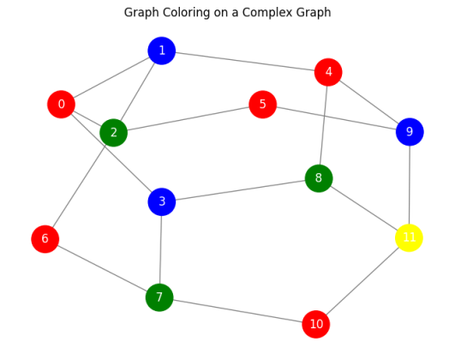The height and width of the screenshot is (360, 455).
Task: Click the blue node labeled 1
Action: [161, 51]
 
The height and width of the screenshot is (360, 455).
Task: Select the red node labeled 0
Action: [61, 105]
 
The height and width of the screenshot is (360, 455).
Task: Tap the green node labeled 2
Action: [113, 132]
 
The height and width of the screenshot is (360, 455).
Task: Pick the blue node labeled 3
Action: [161, 202]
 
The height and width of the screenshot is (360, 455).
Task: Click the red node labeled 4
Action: [328, 72]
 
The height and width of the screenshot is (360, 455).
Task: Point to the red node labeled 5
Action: [262, 105]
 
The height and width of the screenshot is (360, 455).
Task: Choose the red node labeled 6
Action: [45, 239]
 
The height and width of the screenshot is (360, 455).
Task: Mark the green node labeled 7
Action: [159, 297]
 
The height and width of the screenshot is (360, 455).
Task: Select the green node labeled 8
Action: [319, 178]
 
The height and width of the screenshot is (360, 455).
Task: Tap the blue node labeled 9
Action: [410, 132]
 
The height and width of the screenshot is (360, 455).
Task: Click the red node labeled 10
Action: [316, 324]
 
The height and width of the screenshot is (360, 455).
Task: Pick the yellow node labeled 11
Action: [409, 237]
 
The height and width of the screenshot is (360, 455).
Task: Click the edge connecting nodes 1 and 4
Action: [244, 61]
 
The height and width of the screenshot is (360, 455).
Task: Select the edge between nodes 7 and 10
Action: [237, 310]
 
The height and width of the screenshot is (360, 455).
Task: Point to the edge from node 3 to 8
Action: [240, 190]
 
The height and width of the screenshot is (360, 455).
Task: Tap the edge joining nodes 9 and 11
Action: [410, 184]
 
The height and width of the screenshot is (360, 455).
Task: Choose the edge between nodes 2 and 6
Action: [79, 185]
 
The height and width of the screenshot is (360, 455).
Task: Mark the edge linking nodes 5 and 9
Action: [336, 118]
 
